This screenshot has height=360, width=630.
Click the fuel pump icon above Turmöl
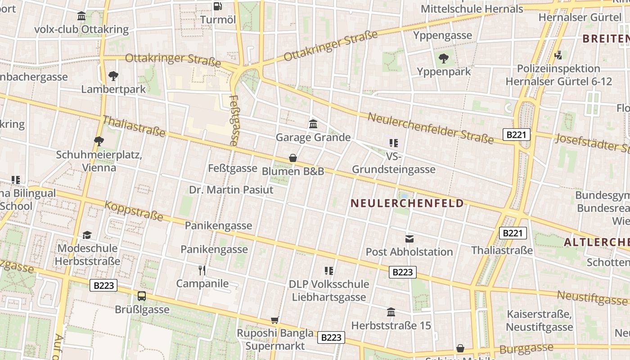(x=218, y=6)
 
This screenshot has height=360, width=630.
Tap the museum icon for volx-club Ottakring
(x=81, y=16)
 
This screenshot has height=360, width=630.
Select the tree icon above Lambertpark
(x=113, y=76)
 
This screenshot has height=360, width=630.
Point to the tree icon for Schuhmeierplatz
(x=99, y=141)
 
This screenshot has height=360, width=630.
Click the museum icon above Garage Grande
(x=313, y=124)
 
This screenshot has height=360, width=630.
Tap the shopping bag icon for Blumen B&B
(x=293, y=158)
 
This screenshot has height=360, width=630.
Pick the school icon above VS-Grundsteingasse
(x=394, y=143)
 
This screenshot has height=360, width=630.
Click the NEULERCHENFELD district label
(x=407, y=203)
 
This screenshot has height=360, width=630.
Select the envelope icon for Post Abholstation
(x=409, y=238)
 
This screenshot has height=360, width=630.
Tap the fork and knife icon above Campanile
(x=202, y=270)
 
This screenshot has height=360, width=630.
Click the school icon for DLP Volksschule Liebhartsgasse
(x=329, y=270)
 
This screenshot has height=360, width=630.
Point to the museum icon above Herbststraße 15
(x=391, y=312)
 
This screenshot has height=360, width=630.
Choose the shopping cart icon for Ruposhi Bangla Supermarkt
(x=275, y=320)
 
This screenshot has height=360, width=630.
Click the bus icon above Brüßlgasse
(x=142, y=296)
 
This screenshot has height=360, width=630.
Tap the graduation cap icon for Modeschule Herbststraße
(x=87, y=235)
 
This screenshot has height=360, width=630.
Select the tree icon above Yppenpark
(x=444, y=58)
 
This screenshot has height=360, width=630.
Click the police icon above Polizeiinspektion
(x=558, y=55)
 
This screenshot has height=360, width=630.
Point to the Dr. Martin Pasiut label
(x=231, y=189)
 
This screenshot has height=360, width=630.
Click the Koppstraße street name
(x=134, y=211)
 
